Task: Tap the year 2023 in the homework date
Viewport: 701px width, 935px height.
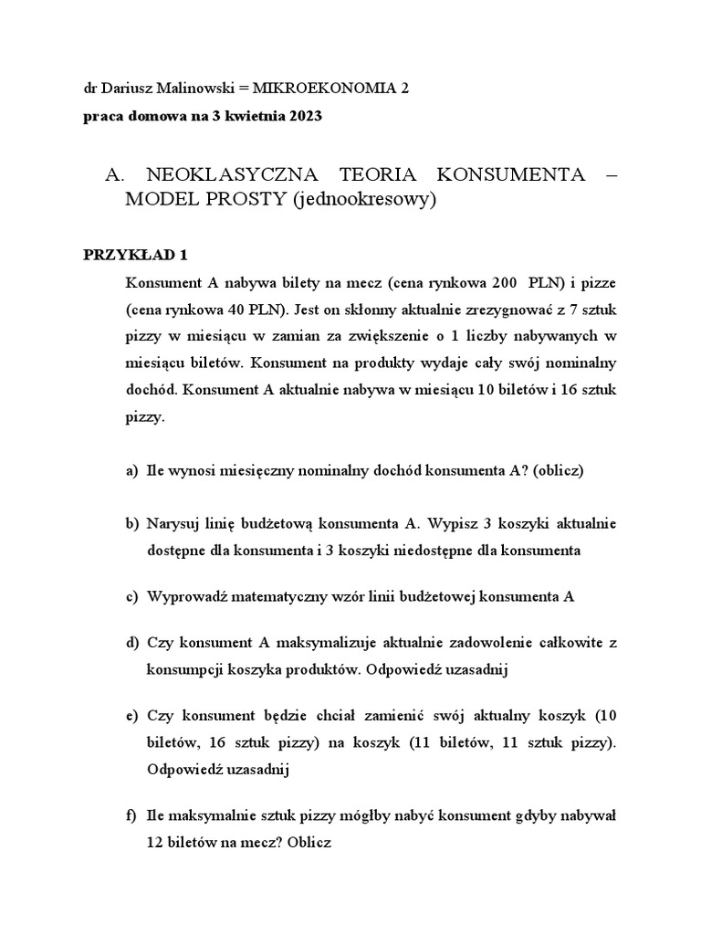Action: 303,117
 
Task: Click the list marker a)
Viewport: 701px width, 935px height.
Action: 132,470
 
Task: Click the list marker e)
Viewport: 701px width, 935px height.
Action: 132,715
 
